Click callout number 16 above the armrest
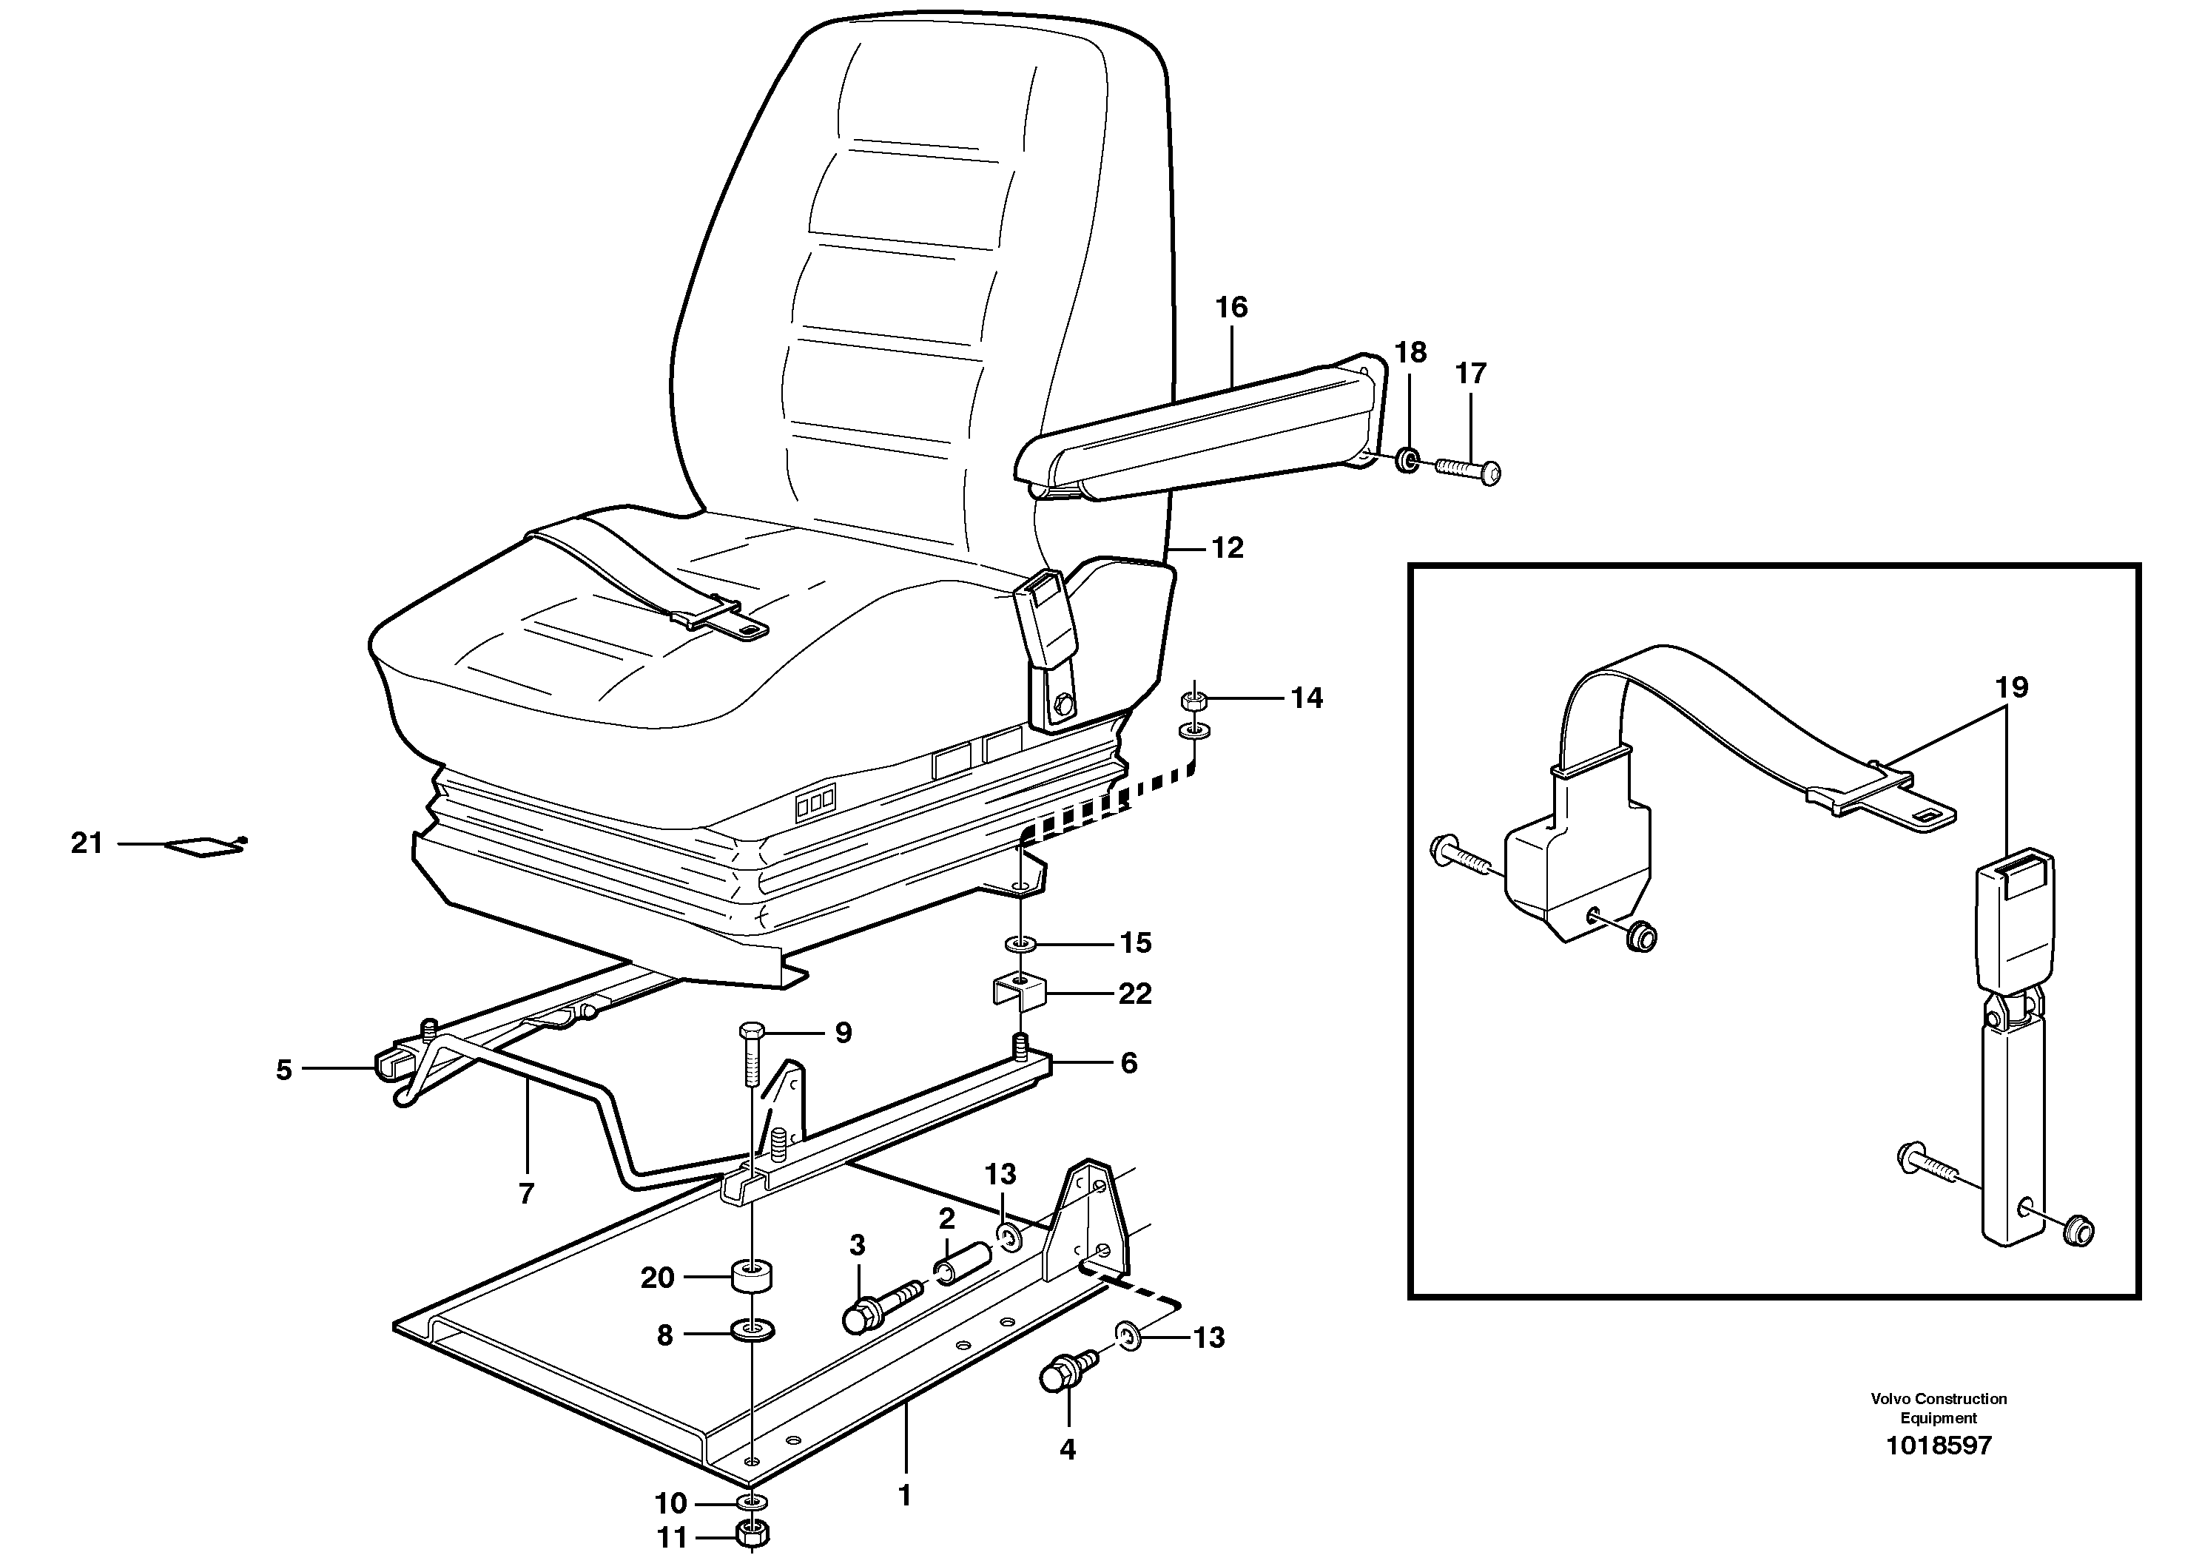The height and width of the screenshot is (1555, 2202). click(x=1231, y=308)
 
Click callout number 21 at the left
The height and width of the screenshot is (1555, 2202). click(x=87, y=843)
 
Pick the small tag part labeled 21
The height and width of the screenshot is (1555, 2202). click(x=204, y=846)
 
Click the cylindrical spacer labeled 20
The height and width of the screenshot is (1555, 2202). click(x=752, y=1276)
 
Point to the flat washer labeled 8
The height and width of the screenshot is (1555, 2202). click(x=752, y=1332)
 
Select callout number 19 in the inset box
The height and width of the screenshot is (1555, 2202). click(x=2012, y=687)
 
